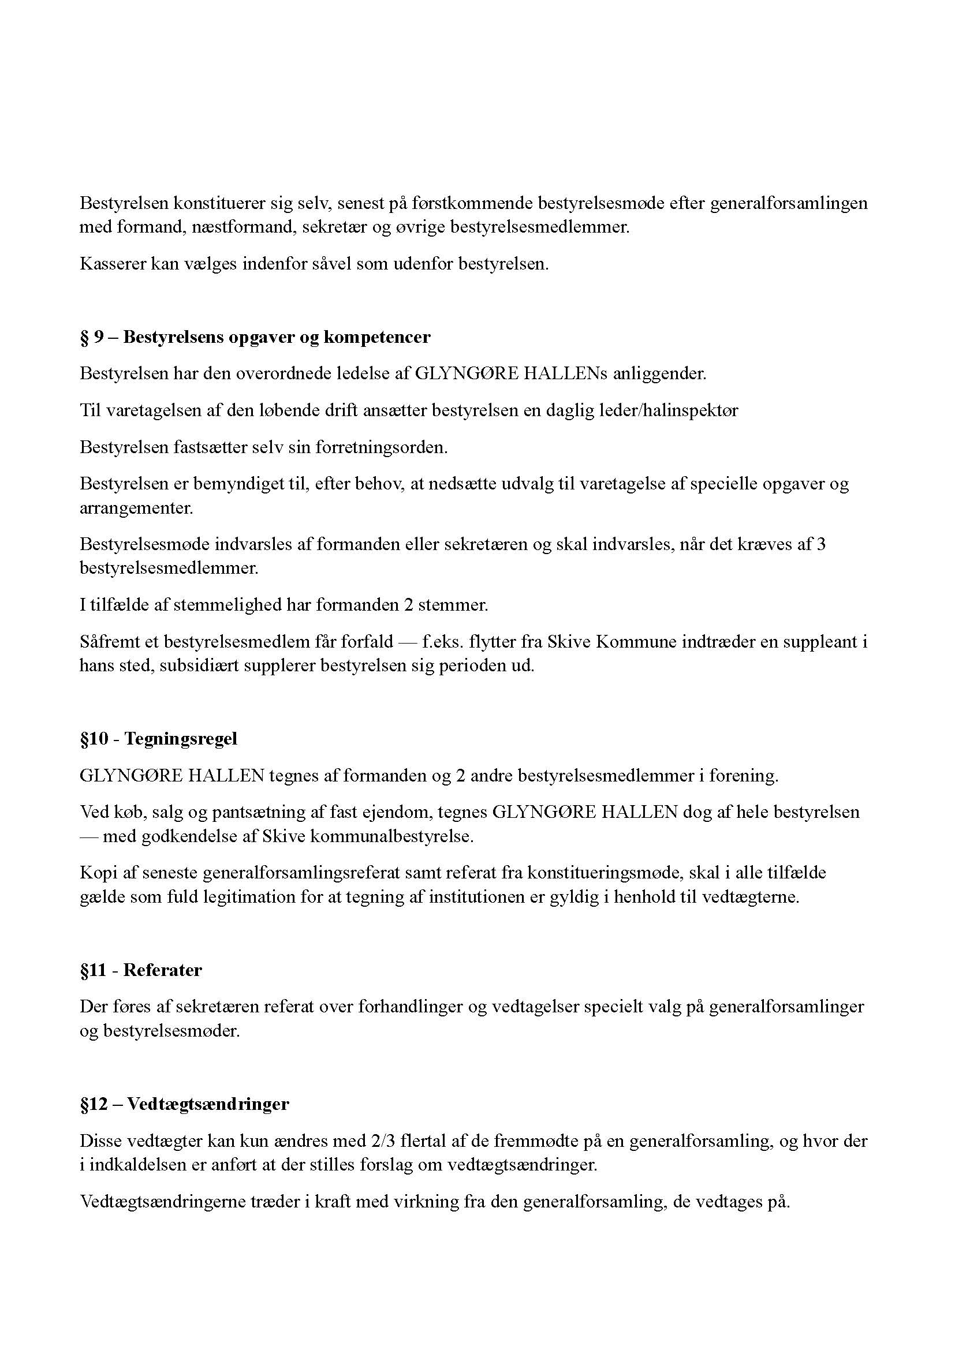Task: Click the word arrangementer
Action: (136, 508)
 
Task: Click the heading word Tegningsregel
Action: (181, 739)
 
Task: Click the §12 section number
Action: (94, 1104)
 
